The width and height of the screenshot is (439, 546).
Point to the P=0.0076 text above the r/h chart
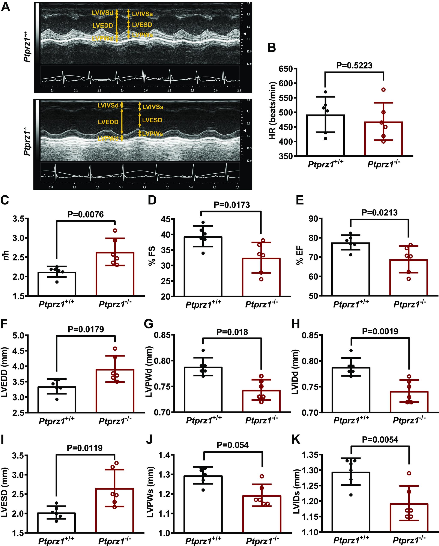coord(86,215)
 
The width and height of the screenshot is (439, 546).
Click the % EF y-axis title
coord(300,257)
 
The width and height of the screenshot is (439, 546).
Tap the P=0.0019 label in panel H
coord(380,331)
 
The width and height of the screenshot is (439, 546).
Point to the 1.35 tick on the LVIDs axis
coord(310,455)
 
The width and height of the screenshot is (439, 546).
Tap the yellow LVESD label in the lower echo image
coord(152,120)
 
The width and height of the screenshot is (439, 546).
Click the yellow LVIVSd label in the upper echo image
coord(102,13)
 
